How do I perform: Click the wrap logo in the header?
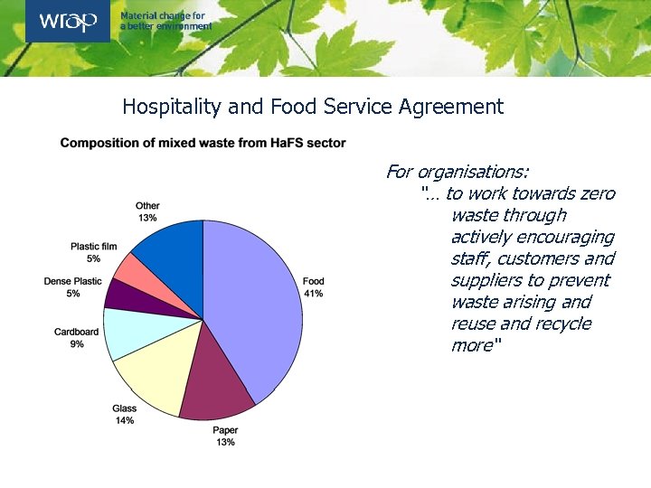68,21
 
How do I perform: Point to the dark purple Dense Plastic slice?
121,293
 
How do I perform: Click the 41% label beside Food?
314,294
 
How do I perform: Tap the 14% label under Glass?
125,420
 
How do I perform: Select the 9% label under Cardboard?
77,344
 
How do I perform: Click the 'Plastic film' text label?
94,247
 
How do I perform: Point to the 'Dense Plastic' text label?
73,282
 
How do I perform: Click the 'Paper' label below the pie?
225,431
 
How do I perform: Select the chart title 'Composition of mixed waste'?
203,143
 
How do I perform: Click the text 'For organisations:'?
458,172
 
